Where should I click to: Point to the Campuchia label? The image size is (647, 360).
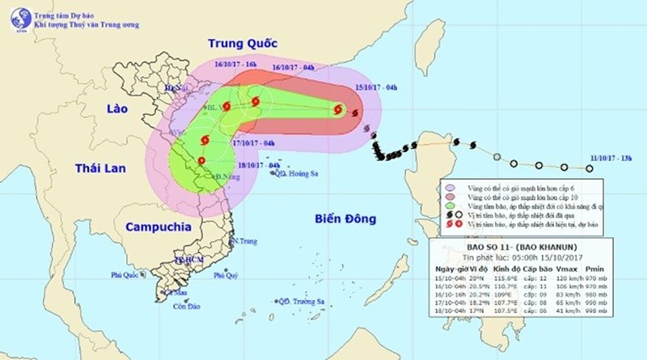[150, 227]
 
